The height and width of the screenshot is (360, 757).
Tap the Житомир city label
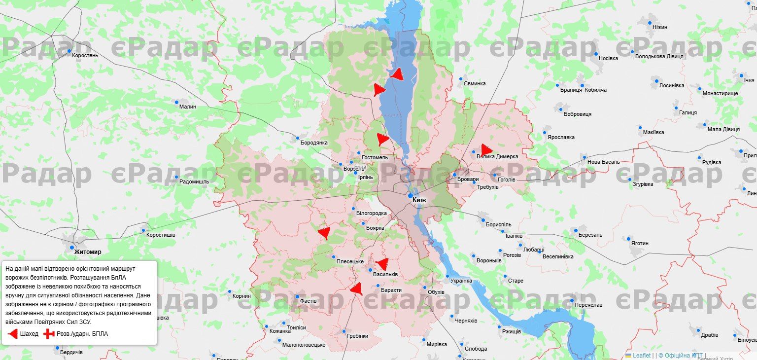point(88,252)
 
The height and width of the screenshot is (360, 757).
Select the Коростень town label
point(85,55)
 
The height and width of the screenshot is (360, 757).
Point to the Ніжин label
point(659,27)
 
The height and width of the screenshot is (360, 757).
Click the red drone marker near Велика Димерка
point(486,150)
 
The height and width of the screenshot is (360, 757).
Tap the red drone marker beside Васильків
point(382,264)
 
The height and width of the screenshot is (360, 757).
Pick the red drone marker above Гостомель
point(382,139)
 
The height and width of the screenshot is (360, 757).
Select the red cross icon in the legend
point(48,334)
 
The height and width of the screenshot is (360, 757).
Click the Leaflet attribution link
point(642,355)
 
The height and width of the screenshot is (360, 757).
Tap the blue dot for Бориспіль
point(483,220)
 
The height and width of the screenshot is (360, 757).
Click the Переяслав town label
point(588,305)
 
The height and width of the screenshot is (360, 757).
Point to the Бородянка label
point(314,143)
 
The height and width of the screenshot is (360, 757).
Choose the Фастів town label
point(309,300)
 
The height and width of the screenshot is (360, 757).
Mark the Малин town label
point(187,106)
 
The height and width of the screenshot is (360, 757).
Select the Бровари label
point(468,180)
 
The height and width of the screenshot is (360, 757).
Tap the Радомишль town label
point(194,181)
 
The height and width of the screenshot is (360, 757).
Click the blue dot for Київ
point(410,196)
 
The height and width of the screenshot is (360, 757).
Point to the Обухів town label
point(436,292)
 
